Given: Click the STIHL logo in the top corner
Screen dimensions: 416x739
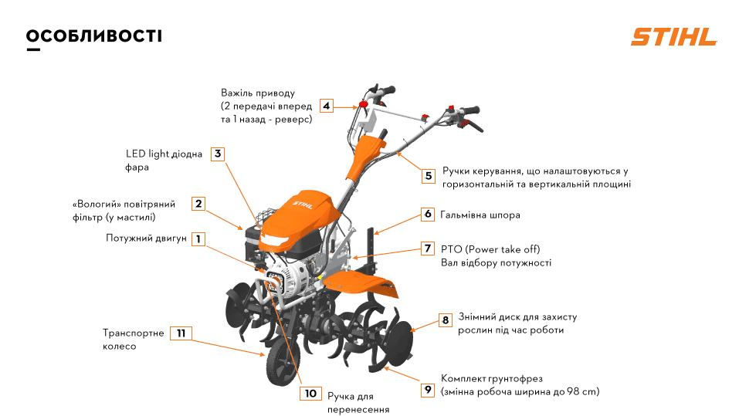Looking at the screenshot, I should (x=673, y=37).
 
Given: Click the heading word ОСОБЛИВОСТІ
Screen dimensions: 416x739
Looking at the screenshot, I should (x=94, y=36).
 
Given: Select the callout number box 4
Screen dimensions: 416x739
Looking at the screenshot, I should (x=327, y=106).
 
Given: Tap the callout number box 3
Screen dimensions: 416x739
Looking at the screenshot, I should (x=219, y=154).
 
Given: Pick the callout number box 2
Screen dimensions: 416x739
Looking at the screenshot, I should (x=198, y=204).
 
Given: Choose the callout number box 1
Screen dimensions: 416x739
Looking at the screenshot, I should (x=198, y=239).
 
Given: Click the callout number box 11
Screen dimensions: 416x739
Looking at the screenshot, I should (x=181, y=333).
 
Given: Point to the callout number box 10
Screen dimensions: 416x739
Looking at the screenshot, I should (x=310, y=394).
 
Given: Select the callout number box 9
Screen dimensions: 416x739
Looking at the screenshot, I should (x=428, y=390).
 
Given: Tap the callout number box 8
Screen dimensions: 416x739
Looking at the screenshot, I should (x=445, y=319).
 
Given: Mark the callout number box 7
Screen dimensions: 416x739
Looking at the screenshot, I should (x=428, y=249).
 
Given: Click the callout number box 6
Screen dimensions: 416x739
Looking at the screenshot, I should (x=428, y=214).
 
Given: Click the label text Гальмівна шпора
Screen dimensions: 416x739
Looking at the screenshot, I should (x=480, y=215).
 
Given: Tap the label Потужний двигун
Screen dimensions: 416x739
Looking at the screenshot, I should (x=147, y=238).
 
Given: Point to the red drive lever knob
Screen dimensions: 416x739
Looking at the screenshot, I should (x=361, y=104).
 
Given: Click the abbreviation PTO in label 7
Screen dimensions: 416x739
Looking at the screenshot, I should (x=451, y=249).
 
